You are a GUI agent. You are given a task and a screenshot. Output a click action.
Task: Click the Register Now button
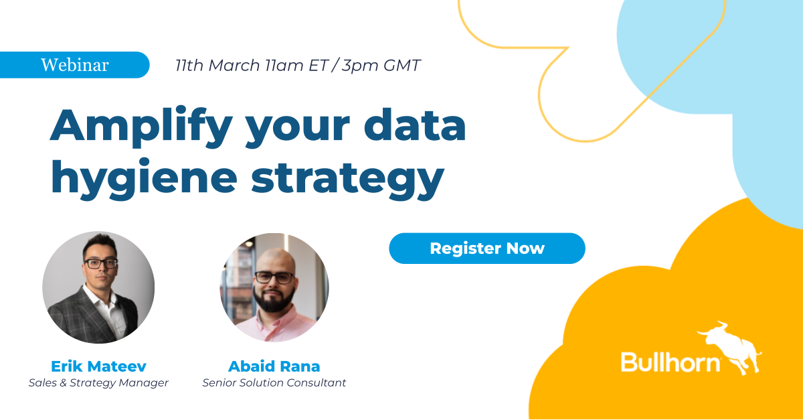[x=486, y=249]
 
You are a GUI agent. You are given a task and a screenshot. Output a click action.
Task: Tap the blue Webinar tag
[x=74, y=65]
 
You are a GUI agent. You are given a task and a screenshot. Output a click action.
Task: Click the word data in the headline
[x=410, y=125]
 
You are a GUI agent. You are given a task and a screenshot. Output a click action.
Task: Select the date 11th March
[x=217, y=66]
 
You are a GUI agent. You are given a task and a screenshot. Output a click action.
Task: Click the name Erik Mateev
[x=98, y=366]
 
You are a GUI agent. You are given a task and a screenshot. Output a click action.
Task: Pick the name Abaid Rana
[x=274, y=366]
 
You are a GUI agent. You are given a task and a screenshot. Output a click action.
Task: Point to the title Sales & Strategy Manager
[x=98, y=383]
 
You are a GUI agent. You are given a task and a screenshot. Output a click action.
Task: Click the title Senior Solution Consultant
[x=274, y=383]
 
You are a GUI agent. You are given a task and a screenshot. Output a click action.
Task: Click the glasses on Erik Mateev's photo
[x=100, y=263]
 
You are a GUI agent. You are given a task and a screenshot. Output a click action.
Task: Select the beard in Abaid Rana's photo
[x=274, y=299]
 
